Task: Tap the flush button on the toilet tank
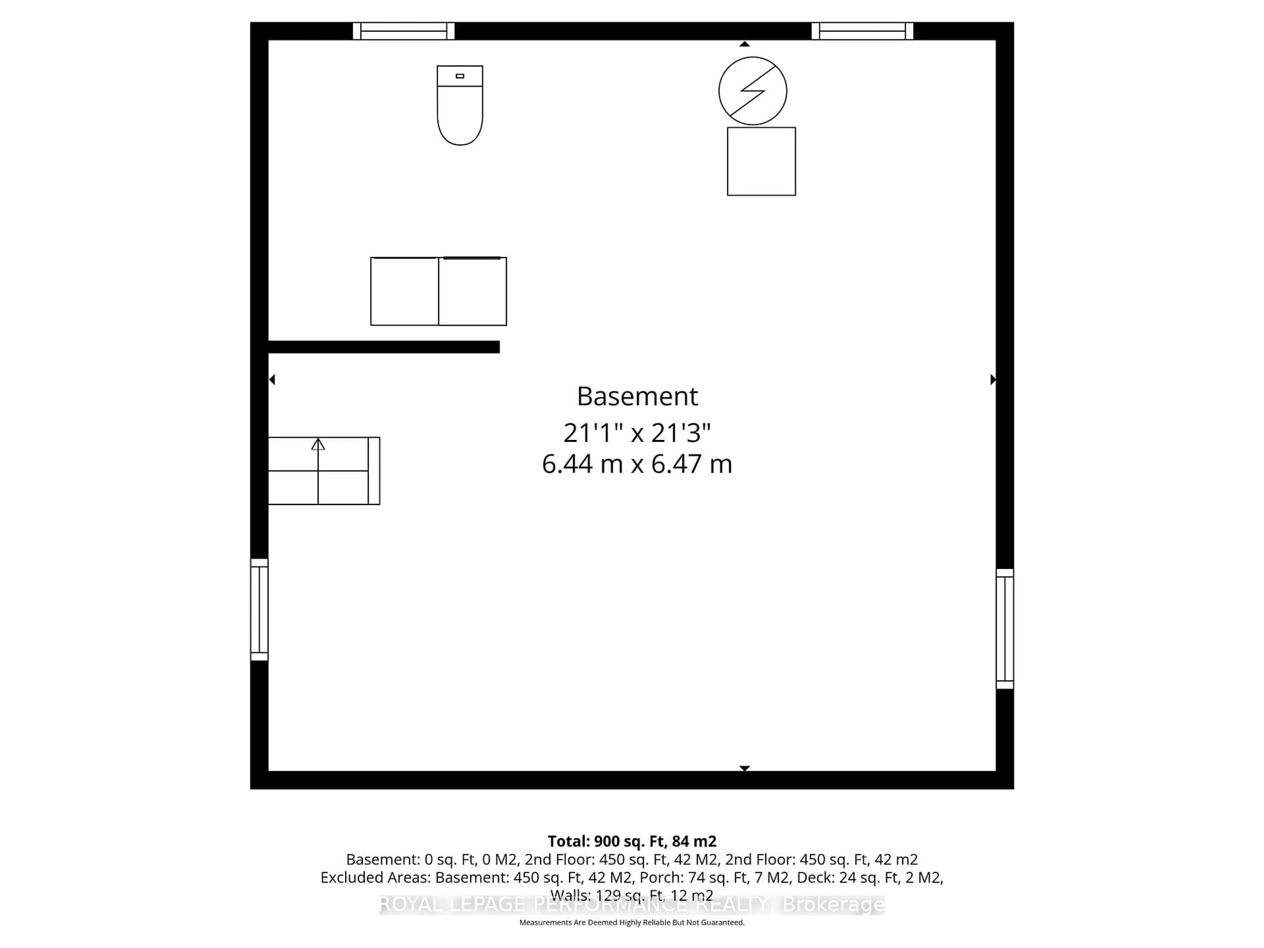[460, 76]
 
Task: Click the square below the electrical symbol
[761, 162]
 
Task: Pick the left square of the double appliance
[405, 291]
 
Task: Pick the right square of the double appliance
[473, 291]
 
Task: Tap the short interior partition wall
[384, 347]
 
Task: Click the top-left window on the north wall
[404, 31]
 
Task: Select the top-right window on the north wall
[862, 31]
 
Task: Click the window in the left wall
[259, 610]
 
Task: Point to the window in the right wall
[1005, 629]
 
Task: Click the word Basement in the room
[637, 397]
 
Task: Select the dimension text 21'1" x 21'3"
[637, 433]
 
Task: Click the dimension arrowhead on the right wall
[993, 380]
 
